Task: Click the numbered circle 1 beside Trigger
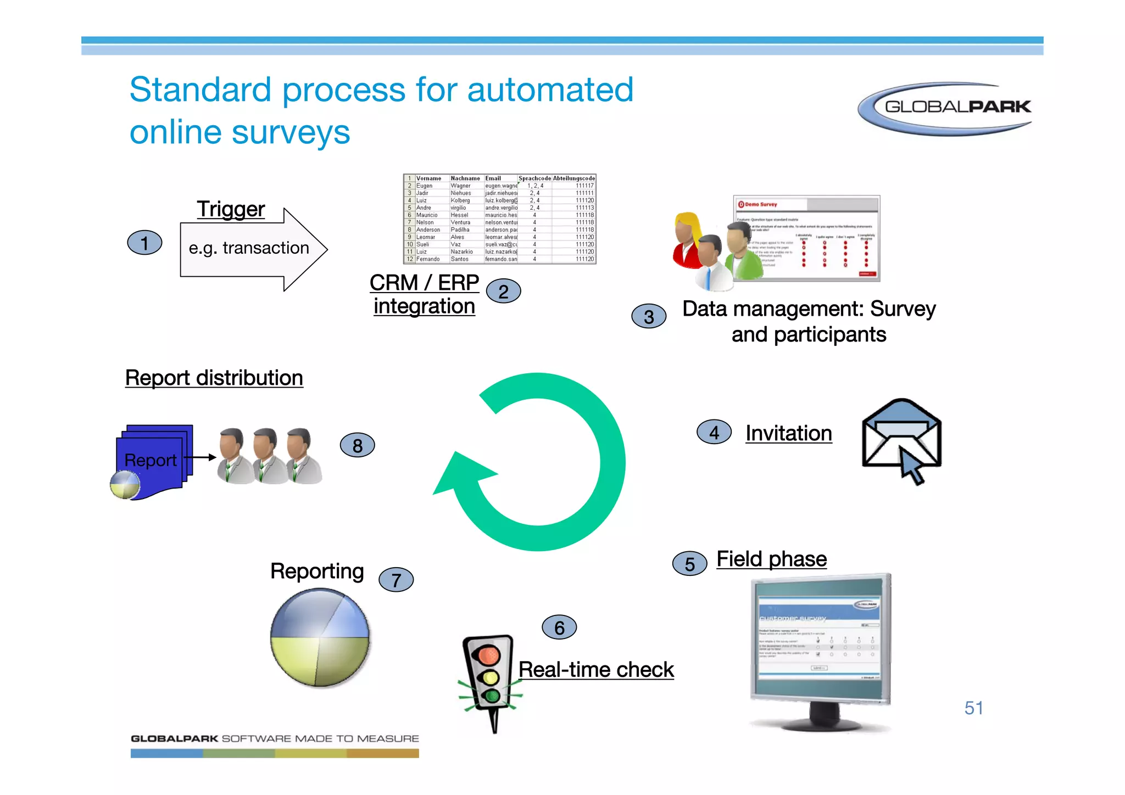[144, 243]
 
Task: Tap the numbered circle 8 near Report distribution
[357, 445]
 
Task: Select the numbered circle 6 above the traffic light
[559, 628]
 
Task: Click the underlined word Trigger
[231, 209]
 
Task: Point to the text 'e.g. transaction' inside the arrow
[249, 248]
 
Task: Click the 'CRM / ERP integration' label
[424, 294]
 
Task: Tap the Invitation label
[788, 433]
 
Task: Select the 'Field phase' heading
[771, 559]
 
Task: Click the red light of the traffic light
[488, 654]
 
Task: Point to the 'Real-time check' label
[596, 670]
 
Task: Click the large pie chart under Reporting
[320, 637]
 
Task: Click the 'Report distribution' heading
[214, 378]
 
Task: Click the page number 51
[973, 708]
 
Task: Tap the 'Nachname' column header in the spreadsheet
[465, 178]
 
